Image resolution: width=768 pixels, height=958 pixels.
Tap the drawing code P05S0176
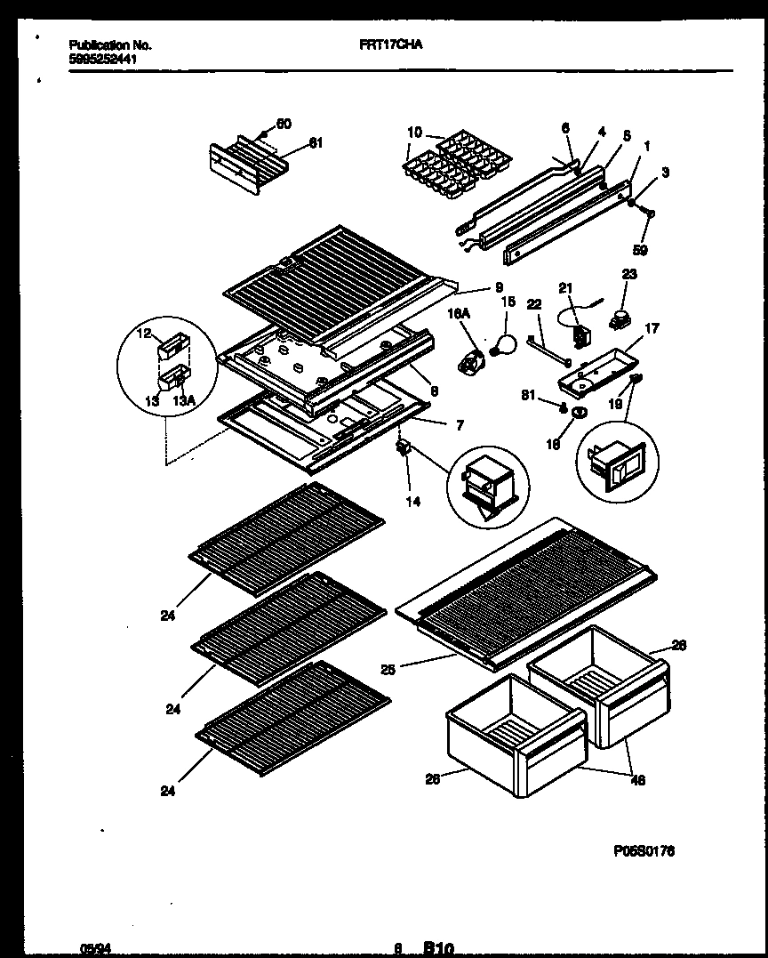pyautogui.click(x=644, y=850)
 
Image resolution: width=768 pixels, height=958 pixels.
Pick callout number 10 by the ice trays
pyautogui.click(x=414, y=133)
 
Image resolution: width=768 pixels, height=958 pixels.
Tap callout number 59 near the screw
pyautogui.click(x=639, y=251)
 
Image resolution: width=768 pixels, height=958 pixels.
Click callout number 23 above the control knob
pyautogui.click(x=628, y=275)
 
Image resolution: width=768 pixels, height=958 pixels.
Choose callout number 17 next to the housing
pyautogui.click(x=651, y=328)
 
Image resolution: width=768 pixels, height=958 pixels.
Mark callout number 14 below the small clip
pyautogui.click(x=412, y=501)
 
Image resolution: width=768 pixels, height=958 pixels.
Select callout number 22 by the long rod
pyautogui.click(x=534, y=305)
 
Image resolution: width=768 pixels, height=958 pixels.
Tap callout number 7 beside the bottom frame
pyautogui.click(x=459, y=425)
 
